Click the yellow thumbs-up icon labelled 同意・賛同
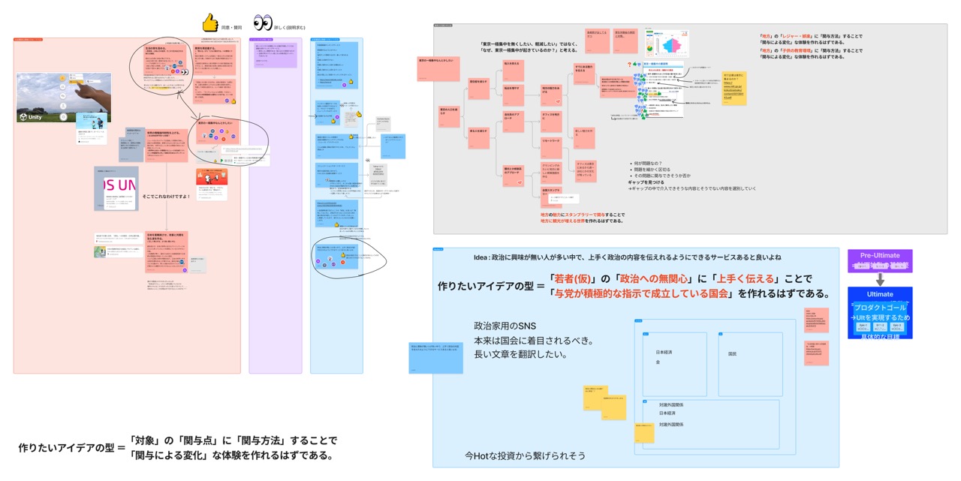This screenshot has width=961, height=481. click(209, 23)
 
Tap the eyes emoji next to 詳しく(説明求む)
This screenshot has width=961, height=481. click(263, 23)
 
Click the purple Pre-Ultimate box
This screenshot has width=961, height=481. click(879, 260)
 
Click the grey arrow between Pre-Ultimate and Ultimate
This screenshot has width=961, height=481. click(879, 279)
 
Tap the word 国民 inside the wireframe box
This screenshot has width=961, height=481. click(732, 353)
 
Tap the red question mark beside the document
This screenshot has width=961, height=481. click(628, 65)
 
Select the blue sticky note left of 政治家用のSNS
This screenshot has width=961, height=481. click(435, 356)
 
